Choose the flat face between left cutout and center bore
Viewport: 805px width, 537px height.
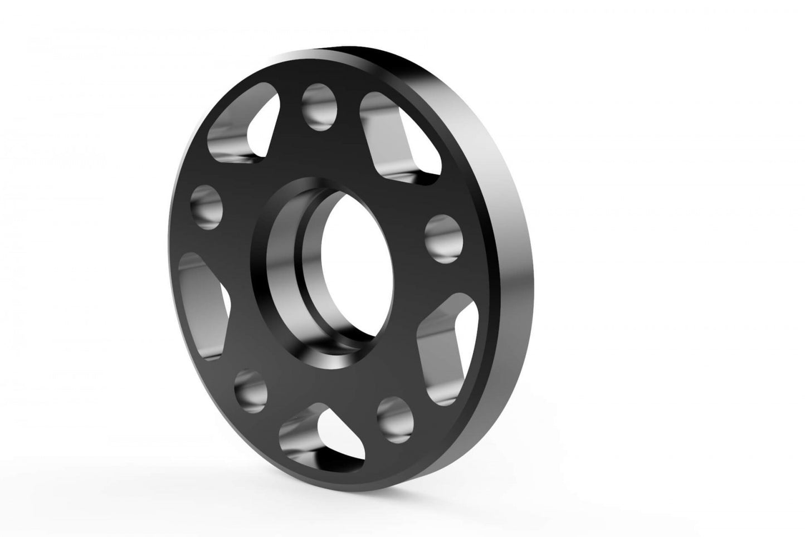click(x=240, y=279)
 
